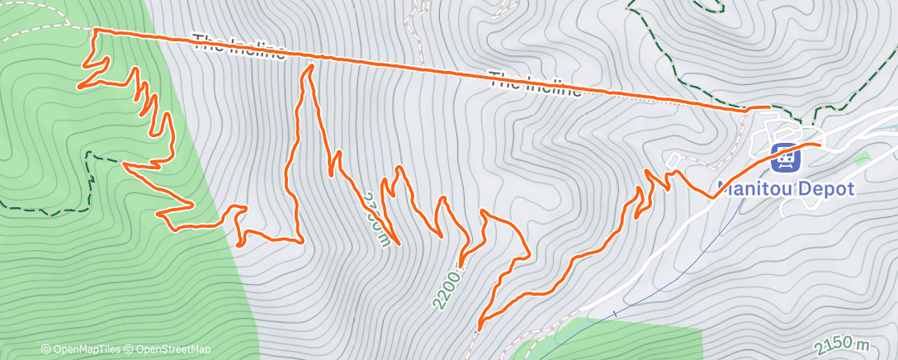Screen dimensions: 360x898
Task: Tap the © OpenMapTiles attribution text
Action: [80, 349]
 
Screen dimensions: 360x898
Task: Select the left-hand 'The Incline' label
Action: [239, 48]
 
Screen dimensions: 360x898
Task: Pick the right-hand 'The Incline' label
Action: [535, 85]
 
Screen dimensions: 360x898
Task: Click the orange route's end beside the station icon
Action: [820, 144]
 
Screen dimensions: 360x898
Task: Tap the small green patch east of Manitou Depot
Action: [863, 159]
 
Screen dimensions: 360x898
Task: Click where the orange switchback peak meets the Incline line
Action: [310, 62]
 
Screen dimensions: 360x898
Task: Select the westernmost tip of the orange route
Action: [79, 86]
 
